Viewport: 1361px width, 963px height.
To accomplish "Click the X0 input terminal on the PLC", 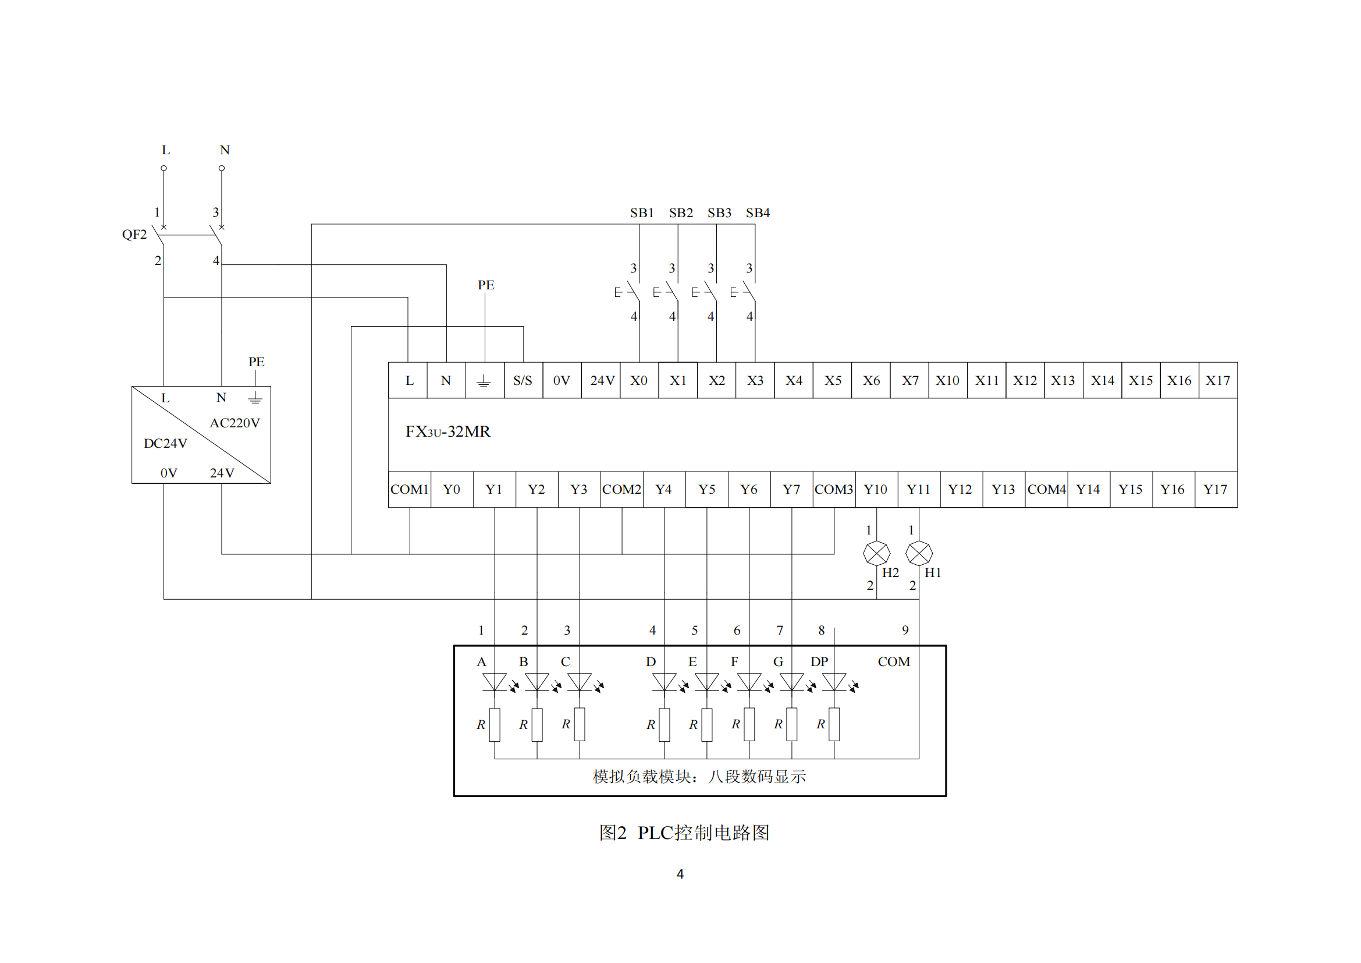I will [638, 380].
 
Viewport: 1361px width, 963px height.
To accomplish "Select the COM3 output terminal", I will [833, 489].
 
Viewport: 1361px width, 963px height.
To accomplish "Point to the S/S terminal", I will [523, 380].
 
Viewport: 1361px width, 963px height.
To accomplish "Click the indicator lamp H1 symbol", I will [919, 553].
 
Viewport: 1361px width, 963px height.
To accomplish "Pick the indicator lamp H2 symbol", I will [876, 553].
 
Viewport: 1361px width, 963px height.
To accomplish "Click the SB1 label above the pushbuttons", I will [641, 213].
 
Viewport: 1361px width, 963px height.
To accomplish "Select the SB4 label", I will [758, 213].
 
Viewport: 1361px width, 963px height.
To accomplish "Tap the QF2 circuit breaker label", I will [134, 234].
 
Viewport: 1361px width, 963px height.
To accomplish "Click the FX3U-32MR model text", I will [447, 431].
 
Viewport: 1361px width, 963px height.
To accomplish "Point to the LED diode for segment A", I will [495, 682].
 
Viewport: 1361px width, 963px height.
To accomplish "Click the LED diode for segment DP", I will [834, 682].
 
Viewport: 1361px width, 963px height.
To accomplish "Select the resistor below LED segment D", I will [664, 724].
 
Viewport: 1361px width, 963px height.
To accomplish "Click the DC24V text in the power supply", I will [165, 444].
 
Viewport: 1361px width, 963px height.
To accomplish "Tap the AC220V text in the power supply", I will [234, 423].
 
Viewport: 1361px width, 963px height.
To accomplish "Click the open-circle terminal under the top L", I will [164, 168].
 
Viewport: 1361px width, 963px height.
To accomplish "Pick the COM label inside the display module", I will [893, 662].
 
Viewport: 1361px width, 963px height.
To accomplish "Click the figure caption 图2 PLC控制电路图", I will [684, 833].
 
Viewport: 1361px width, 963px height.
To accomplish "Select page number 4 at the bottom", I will [680, 874].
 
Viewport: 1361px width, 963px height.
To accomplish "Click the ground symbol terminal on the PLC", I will [484, 380].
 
